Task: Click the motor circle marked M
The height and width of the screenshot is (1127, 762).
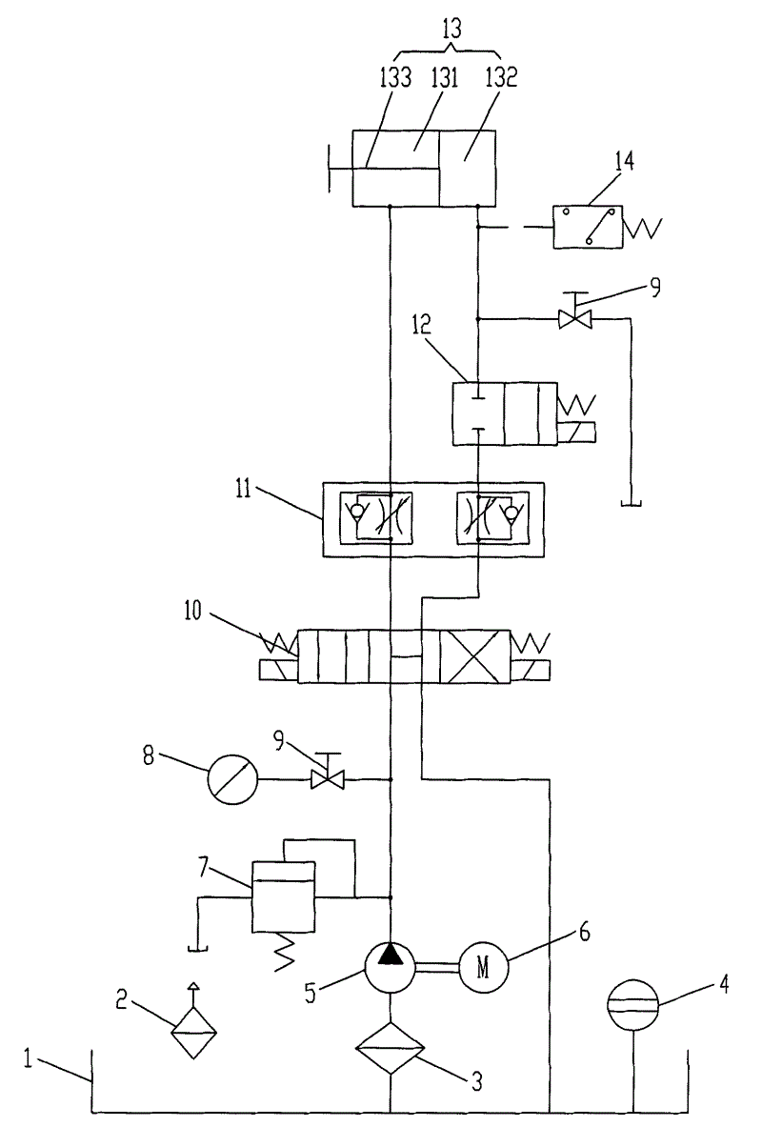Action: pyautogui.click(x=484, y=968)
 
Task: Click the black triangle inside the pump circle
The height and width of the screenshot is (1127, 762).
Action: pyautogui.click(x=391, y=953)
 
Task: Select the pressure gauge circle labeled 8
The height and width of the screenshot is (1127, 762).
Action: pyautogui.click(x=233, y=779)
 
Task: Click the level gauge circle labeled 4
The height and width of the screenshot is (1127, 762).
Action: pyautogui.click(x=633, y=1005)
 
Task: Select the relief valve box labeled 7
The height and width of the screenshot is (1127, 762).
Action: pyautogui.click(x=283, y=896)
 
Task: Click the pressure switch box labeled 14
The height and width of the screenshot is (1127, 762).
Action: pyautogui.click(x=588, y=227)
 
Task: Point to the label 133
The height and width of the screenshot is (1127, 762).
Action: pyautogui.click(x=396, y=77)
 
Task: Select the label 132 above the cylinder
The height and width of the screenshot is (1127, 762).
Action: pyautogui.click(x=502, y=77)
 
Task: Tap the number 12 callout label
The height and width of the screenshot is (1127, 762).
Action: pyautogui.click(x=422, y=324)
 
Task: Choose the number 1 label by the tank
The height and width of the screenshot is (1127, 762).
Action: pyautogui.click(x=28, y=1059)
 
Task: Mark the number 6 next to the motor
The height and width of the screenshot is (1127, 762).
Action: pyautogui.click(x=585, y=933)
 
